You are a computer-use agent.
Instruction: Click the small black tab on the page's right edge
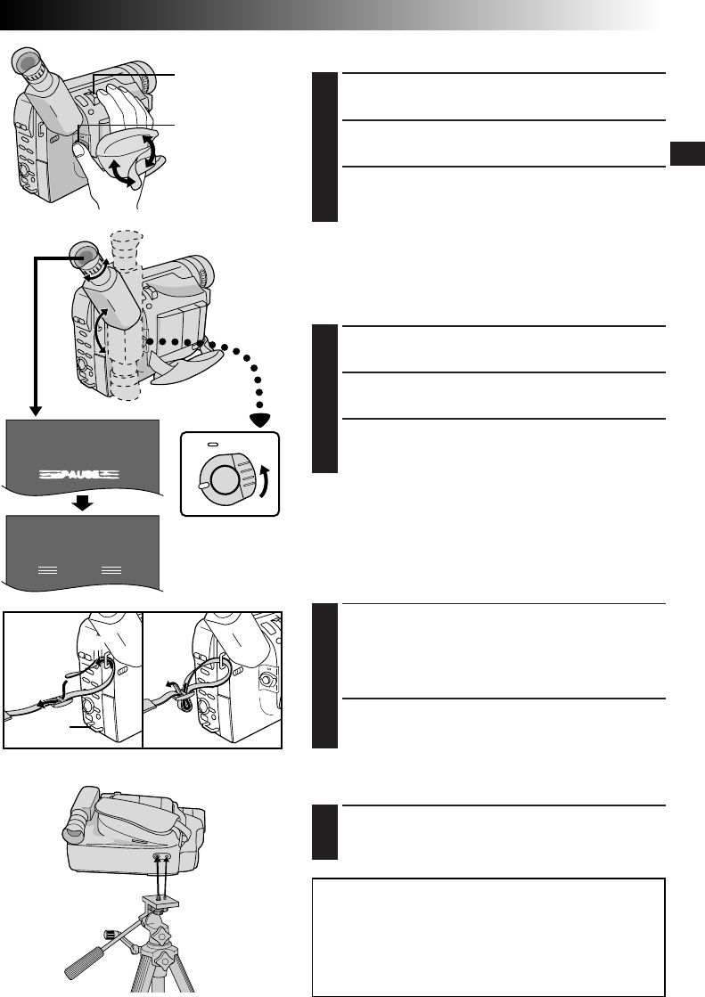point(687,154)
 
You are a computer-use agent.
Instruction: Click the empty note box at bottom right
point(489,935)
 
